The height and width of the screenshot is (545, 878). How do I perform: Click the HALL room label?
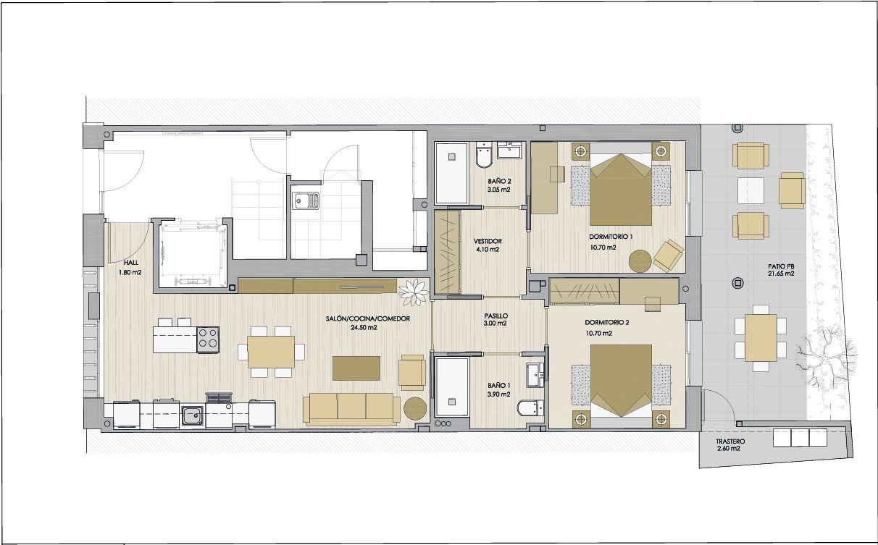[x=131, y=263]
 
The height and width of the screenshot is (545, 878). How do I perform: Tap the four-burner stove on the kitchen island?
[x=208, y=339]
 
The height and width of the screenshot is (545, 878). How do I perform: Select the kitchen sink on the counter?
[x=193, y=415]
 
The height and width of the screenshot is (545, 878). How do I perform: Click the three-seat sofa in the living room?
[x=351, y=409]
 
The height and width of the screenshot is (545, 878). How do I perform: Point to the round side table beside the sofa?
[x=415, y=409]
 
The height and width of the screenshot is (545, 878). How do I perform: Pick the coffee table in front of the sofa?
[x=356, y=368]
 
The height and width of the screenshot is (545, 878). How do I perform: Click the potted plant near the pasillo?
[x=414, y=292]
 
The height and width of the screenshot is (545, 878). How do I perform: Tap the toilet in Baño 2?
[x=485, y=156]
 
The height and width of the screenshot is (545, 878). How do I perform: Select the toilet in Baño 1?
[x=530, y=408]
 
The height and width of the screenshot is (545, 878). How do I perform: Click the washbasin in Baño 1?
[x=535, y=375]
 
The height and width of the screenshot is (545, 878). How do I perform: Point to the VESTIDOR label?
[x=488, y=241]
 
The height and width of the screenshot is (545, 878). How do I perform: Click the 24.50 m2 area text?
[x=364, y=327]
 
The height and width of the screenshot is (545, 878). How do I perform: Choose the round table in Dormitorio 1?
[x=640, y=261]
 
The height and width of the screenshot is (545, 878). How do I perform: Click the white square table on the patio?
[x=751, y=190]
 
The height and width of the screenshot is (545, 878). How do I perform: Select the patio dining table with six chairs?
[x=761, y=338]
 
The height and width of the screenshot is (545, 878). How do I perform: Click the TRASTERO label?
[x=731, y=442]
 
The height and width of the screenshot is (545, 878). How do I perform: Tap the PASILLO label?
[x=496, y=316]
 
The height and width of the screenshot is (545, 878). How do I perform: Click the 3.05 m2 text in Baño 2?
[x=499, y=190]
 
